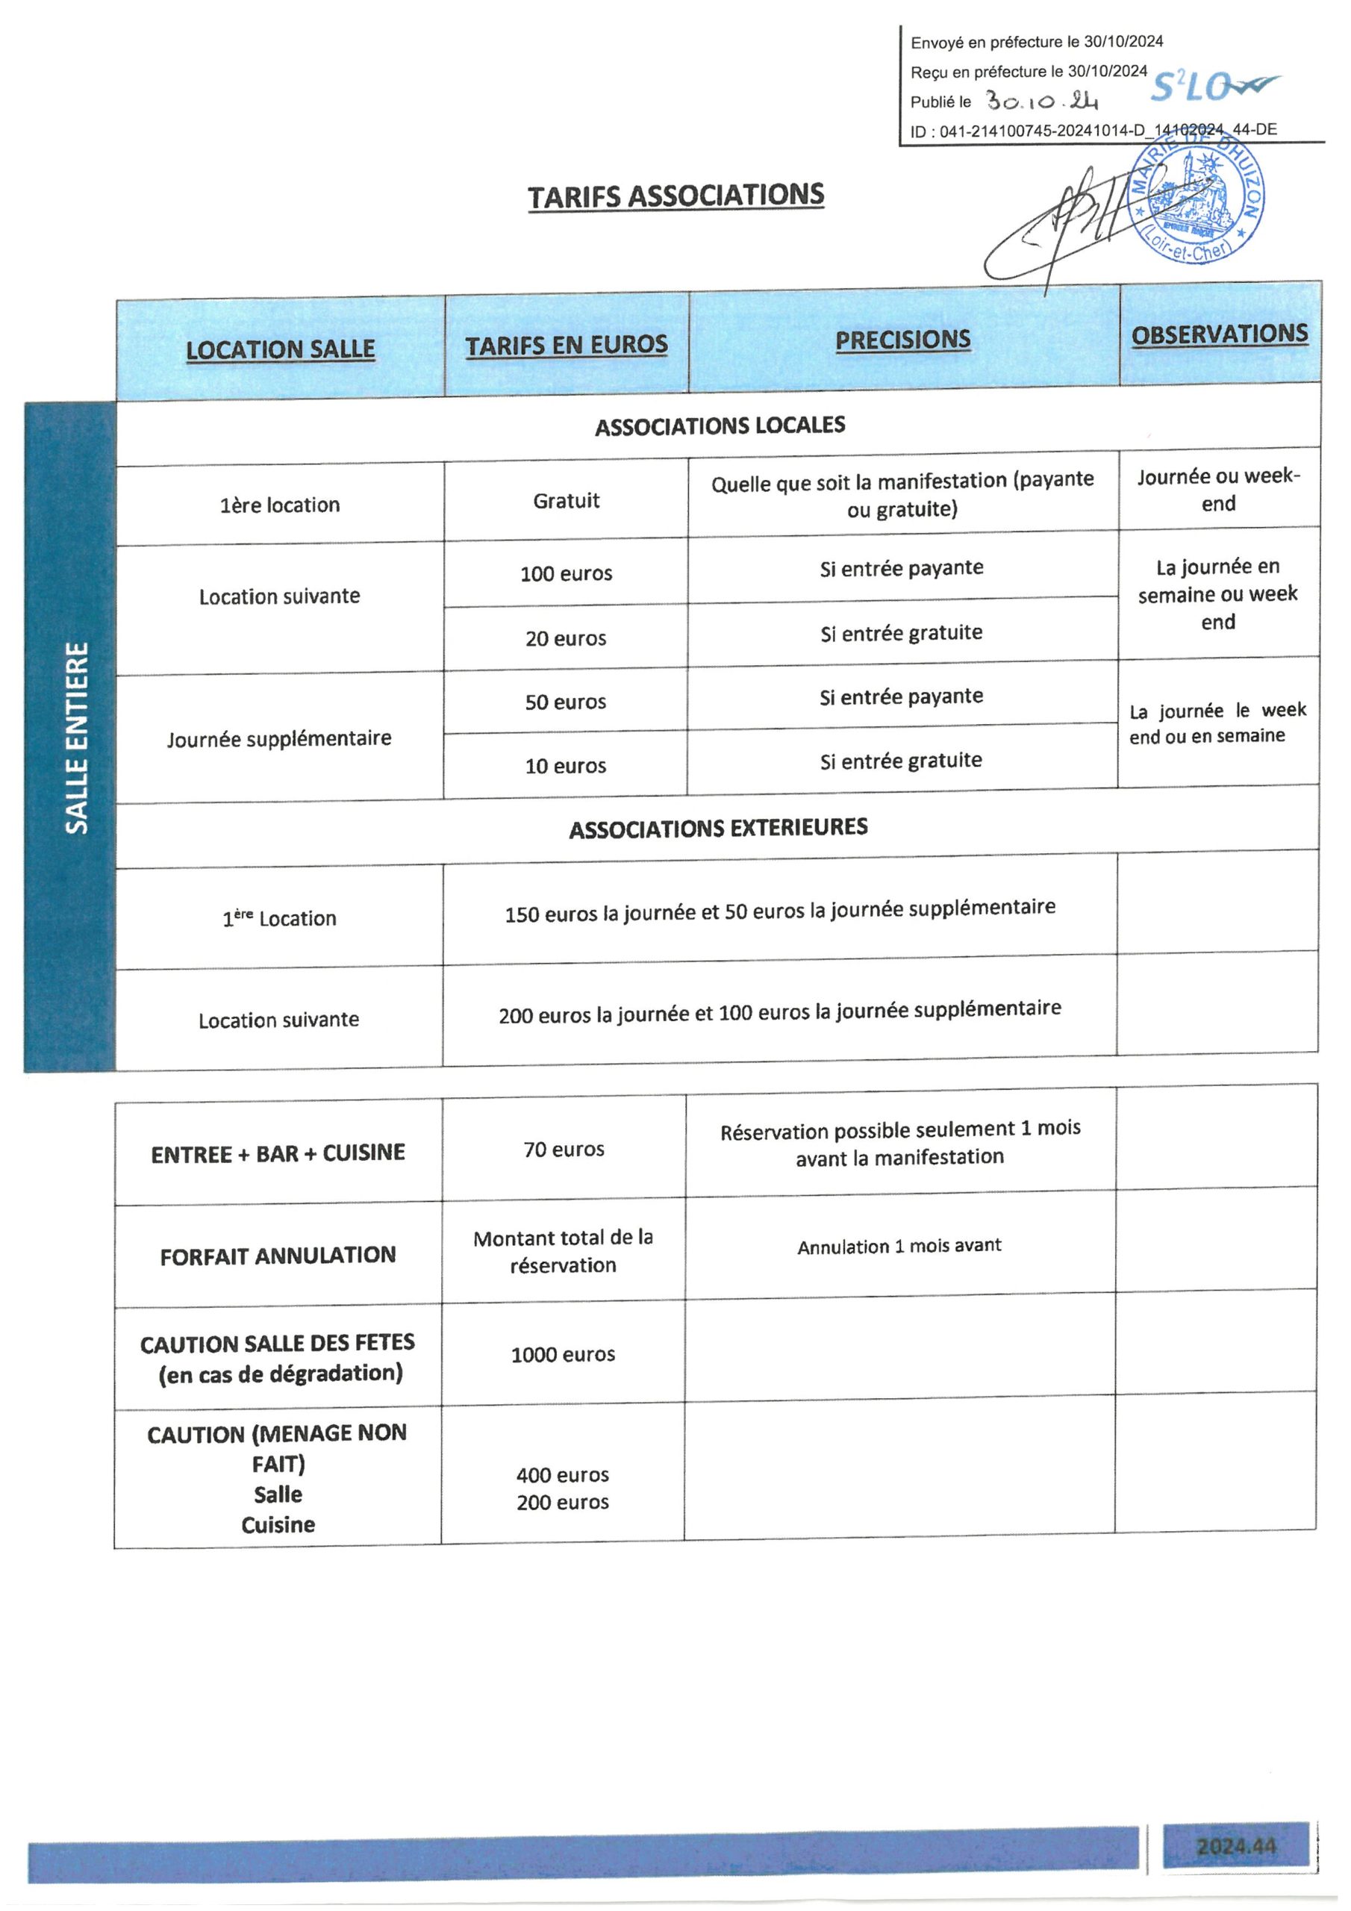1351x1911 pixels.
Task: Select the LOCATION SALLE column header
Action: [280, 349]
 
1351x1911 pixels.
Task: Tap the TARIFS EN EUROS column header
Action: [566, 345]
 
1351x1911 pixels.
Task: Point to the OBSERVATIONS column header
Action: [1219, 334]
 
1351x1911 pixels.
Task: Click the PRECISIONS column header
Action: [902, 340]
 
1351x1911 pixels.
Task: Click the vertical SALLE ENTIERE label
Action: [77, 738]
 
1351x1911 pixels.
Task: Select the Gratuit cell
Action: [566, 500]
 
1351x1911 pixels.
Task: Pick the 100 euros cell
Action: [566, 573]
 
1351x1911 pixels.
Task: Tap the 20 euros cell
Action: [566, 638]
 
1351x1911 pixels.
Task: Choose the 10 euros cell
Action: [566, 766]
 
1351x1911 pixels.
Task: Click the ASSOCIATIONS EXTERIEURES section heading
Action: [717, 827]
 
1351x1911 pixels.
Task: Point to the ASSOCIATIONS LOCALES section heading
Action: [720, 425]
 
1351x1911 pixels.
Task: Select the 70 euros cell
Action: [564, 1150]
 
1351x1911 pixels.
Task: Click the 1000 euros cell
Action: [563, 1354]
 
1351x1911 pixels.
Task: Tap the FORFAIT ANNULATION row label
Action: [278, 1255]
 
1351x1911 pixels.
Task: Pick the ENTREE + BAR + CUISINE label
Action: [278, 1153]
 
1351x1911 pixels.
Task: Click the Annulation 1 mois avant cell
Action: [899, 1246]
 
